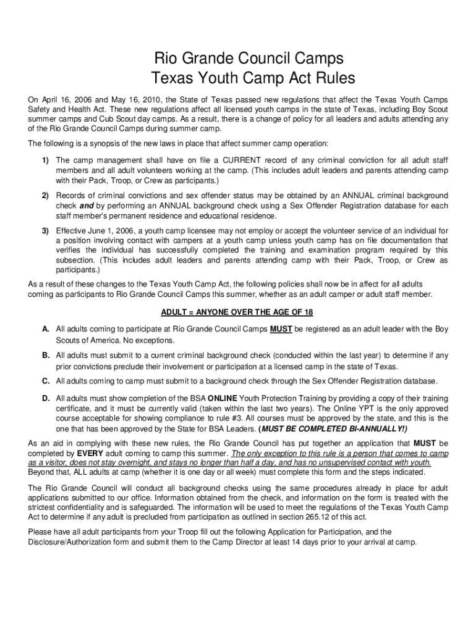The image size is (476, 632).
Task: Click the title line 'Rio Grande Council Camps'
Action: point(238,59)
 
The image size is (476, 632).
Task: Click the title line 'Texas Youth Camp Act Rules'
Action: point(238,79)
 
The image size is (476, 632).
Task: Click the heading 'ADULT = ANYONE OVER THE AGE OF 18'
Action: point(238,312)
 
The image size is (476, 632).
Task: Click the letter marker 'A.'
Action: point(46,330)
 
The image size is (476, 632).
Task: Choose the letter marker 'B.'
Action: point(46,355)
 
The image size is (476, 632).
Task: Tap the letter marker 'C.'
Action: point(46,381)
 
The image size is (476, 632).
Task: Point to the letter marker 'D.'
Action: point(46,399)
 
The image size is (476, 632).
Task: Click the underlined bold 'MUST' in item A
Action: point(281,330)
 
